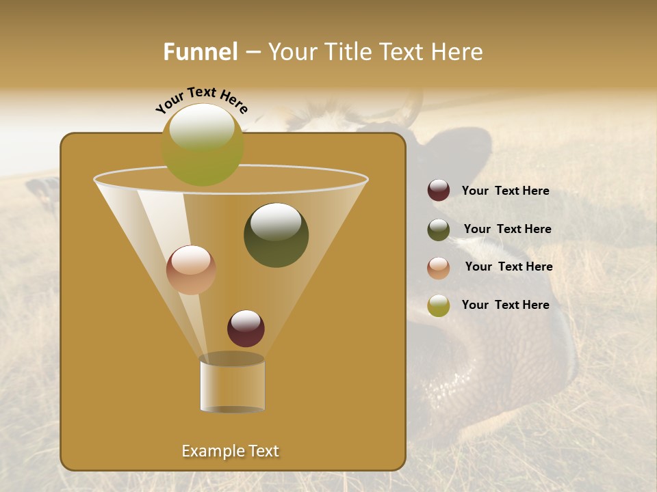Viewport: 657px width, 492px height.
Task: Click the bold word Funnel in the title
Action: coord(200,52)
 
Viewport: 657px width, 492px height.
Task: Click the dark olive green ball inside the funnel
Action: coord(276,235)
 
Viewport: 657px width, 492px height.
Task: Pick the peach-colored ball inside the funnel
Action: coord(191,270)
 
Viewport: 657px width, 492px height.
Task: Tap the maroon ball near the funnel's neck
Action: coord(246,328)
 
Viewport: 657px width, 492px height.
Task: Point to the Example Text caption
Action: coord(231,451)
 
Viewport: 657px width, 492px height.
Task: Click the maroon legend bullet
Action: coord(439,191)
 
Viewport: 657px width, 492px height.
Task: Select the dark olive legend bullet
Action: coord(439,230)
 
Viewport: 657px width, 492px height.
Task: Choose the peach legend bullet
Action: coord(439,268)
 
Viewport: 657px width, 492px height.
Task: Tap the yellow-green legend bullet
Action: coord(439,305)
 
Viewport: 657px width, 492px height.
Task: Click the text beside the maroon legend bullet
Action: coord(505,191)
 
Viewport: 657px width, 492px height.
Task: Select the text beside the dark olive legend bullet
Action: coord(507,229)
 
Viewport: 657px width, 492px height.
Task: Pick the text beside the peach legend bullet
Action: coord(508,266)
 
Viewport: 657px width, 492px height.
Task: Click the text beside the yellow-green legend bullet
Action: coord(505,305)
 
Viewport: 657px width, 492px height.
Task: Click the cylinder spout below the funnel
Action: coord(232,385)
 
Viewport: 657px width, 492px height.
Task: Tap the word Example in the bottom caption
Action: coord(211,451)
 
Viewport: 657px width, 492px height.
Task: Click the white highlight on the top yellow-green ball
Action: coord(201,127)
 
